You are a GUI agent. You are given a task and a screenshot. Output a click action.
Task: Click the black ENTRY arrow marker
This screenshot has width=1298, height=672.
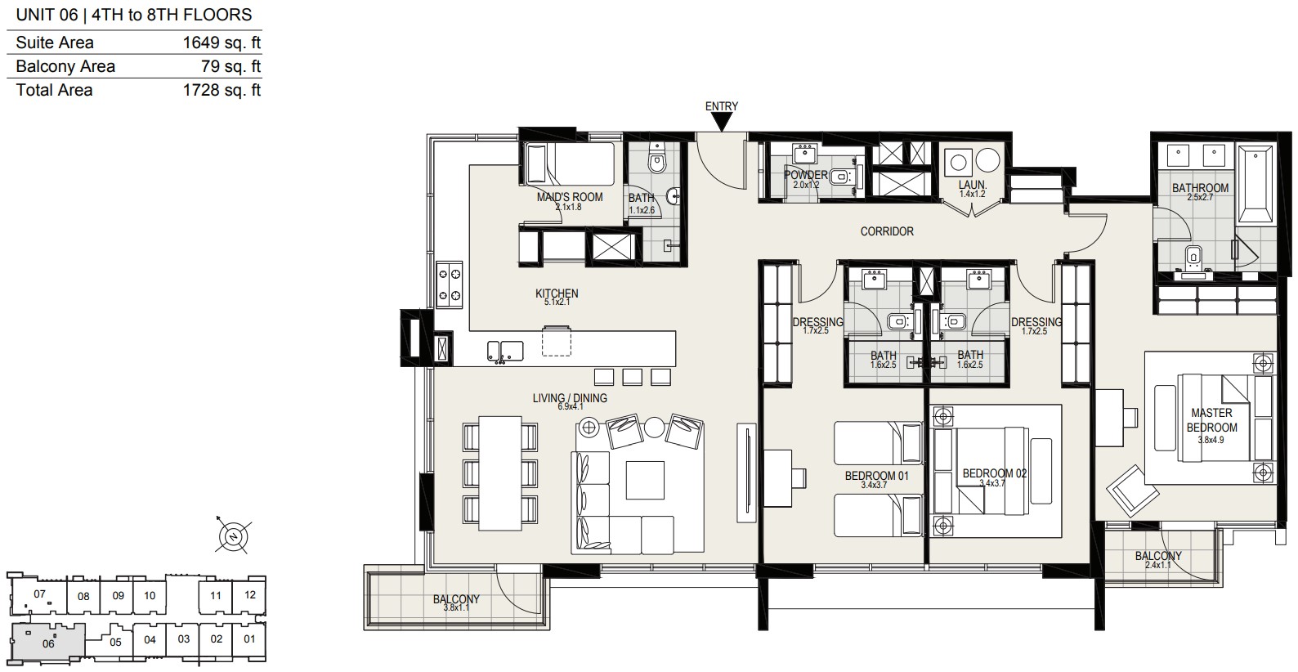pyautogui.click(x=722, y=122)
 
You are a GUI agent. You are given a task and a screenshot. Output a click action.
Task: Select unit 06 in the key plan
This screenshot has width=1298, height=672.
pyautogui.click(x=49, y=643)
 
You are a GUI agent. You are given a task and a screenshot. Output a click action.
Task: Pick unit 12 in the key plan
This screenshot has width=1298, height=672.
pyautogui.click(x=250, y=594)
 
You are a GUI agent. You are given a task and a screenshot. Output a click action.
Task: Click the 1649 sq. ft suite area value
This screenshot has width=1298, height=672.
pyautogui.click(x=222, y=43)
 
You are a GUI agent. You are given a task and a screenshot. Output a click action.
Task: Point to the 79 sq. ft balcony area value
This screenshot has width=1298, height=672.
pyautogui.click(x=231, y=66)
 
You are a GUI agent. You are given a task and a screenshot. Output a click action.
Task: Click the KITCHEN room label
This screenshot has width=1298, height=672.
pyautogui.click(x=557, y=293)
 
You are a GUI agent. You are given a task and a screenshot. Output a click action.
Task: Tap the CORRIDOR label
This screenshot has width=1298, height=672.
pyautogui.click(x=887, y=231)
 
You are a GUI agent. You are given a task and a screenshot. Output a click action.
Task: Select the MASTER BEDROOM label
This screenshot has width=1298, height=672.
pyautogui.click(x=1211, y=419)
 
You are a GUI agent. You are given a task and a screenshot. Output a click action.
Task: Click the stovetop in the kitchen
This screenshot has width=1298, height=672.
pyautogui.click(x=449, y=284)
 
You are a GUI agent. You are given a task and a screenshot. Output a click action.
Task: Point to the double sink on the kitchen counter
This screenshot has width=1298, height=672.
pyautogui.click(x=505, y=352)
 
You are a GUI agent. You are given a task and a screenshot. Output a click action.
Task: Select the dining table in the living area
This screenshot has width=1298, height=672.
pyautogui.click(x=500, y=473)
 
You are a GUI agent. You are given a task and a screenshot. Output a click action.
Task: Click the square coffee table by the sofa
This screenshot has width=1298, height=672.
pyautogui.click(x=645, y=480)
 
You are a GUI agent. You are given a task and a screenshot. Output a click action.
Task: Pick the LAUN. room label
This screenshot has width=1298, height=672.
pyautogui.click(x=973, y=185)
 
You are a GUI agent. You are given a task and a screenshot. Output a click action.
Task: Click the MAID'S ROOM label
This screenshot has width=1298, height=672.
pyautogui.click(x=570, y=197)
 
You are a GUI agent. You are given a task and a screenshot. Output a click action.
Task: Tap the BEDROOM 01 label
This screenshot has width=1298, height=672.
pyautogui.click(x=876, y=476)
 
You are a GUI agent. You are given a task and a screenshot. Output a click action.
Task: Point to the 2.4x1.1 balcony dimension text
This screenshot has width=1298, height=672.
pyautogui.click(x=1158, y=565)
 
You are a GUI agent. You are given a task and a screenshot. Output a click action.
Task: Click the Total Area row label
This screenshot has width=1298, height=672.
pyautogui.click(x=55, y=90)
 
